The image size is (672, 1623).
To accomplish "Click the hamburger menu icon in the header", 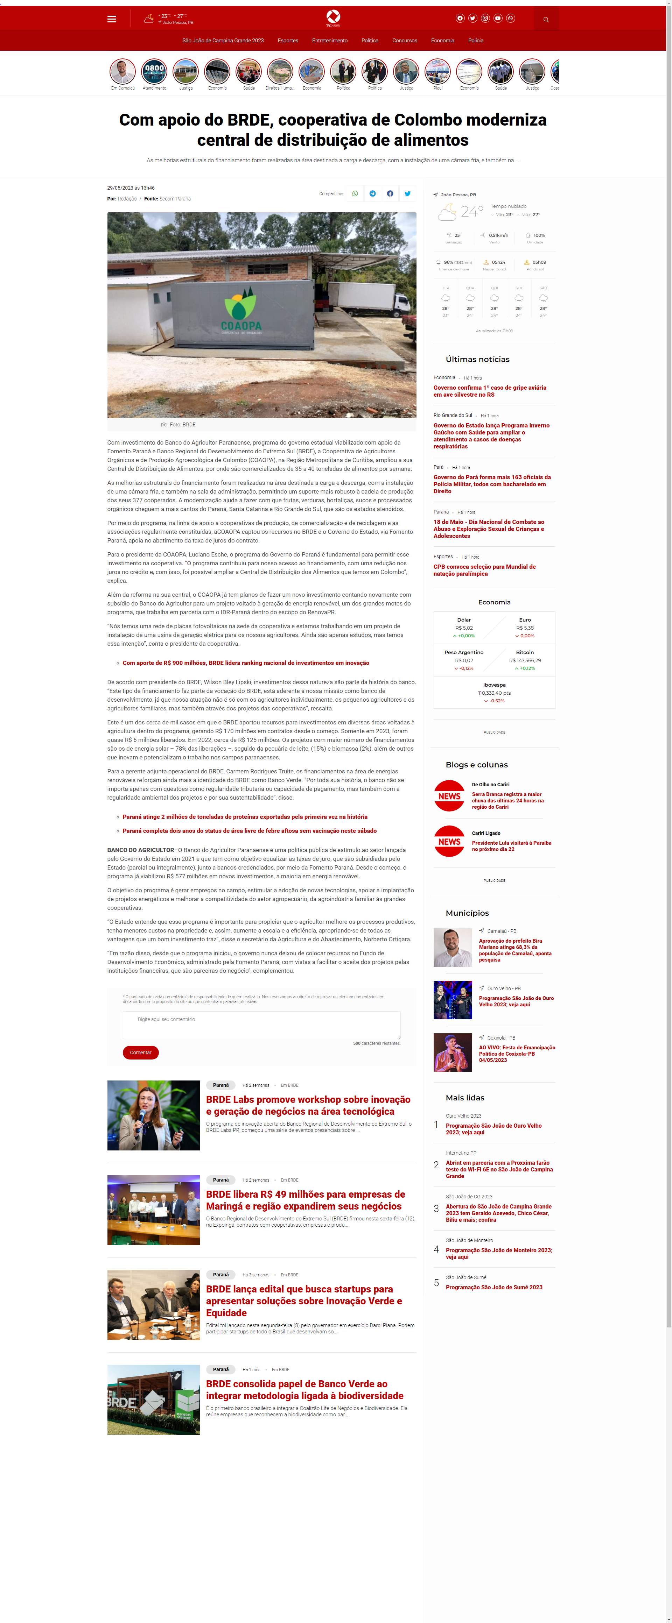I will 112,19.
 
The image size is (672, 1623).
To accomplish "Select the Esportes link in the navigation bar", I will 288,40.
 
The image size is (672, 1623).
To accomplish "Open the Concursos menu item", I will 405,40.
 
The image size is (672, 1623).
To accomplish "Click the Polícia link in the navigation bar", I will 476,40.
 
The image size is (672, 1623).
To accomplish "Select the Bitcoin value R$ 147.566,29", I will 525,660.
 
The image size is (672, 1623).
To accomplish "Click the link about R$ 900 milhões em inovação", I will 246,663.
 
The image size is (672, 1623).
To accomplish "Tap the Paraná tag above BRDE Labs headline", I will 220,1085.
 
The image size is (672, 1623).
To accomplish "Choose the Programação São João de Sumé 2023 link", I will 493,1287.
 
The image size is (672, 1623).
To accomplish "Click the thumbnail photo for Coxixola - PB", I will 453,1053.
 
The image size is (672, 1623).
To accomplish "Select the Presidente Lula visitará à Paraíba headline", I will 511,845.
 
